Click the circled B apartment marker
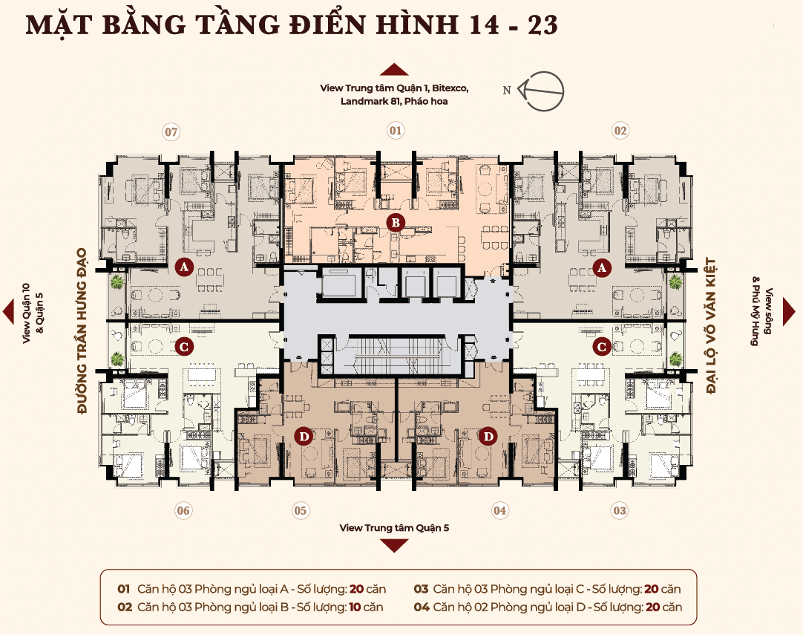(x=396, y=222)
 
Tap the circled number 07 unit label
(x=171, y=132)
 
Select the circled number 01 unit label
(x=396, y=131)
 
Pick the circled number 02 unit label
(x=620, y=131)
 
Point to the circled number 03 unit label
(x=620, y=510)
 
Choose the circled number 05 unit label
(x=300, y=510)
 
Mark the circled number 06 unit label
(x=183, y=510)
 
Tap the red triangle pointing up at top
(x=394, y=71)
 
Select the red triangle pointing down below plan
(x=394, y=545)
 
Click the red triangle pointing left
(x=8, y=311)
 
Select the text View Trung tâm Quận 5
(x=394, y=528)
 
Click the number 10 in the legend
(x=355, y=607)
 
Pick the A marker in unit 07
(x=184, y=267)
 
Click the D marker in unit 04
(x=488, y=437)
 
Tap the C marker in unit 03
(x=603, y=346)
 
